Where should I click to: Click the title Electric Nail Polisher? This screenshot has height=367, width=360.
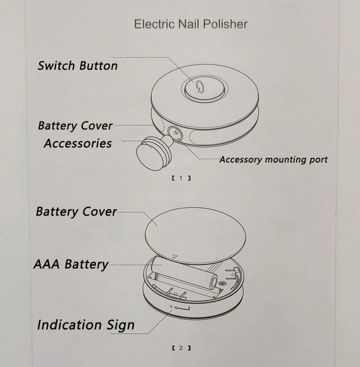(190, 24)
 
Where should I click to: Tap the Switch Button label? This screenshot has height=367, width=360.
(77, 66)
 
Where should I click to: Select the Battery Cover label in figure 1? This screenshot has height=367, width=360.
(75, 126)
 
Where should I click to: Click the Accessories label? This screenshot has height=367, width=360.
(78, 144)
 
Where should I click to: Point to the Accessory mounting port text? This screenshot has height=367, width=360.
(273, 159)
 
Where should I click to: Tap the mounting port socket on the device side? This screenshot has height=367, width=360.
(175, 133)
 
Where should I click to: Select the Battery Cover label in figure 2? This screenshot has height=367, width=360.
(76, 212)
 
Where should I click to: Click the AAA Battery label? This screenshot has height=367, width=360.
(71, 264)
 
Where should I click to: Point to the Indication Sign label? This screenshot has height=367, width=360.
(85, 325)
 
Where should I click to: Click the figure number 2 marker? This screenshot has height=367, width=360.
(181, 348)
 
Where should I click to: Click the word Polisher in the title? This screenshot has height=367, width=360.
(225, 24)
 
